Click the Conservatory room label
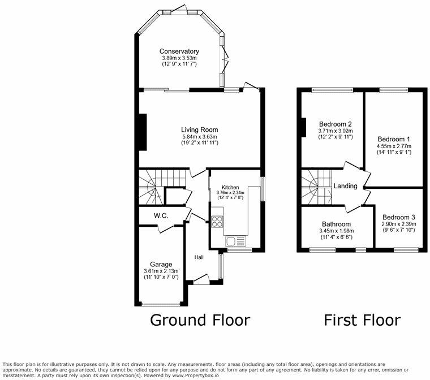[179, 51]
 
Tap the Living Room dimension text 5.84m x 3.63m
[200, 136]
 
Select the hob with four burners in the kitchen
[217, 222]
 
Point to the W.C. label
[161, 216]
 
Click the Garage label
[161, 265]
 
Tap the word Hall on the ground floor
[199, 257]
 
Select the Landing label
[346, 186]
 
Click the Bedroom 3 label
[399, 217]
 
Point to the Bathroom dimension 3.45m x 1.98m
[337, 231]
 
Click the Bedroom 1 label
[394, 139]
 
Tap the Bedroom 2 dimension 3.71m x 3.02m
[336, 131]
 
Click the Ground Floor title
[200, 320]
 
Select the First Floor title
[362, 320]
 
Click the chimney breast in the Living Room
[143, 132]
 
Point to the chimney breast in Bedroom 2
[304, 127]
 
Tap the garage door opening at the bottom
[161, 304]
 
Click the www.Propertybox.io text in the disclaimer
[194, 375]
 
